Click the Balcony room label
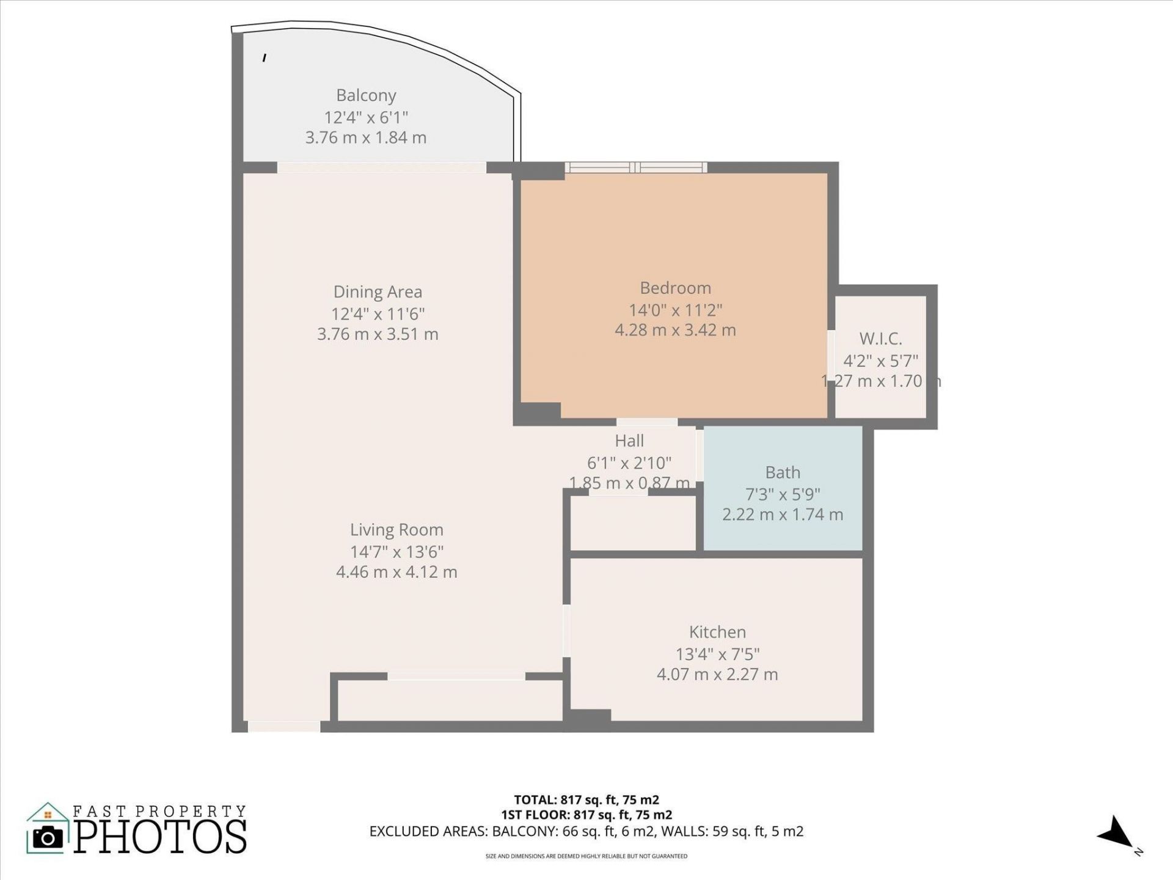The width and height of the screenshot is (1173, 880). (x=366, y=95)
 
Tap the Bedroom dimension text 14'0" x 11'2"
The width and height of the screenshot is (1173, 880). (x=675, y=310)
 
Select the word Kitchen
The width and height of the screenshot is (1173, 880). (x=717, y=632)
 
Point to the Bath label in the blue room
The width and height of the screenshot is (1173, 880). (x=782, y=472)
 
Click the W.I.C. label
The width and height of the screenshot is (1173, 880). (x=880, y=339)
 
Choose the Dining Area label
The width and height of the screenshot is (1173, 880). (x=378, y=292)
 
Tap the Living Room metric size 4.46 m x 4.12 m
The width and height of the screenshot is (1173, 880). (x=396, y=572)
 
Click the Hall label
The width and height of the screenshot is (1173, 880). (x=629, y=441)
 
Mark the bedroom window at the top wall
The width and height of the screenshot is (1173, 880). (x=635, y=167)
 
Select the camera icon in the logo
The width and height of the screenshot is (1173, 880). (x=48, y=837)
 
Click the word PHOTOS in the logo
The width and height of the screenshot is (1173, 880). (x=160, y=837)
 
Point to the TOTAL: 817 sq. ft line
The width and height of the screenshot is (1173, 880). (x=586, y=799)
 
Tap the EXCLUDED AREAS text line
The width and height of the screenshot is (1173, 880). (x=586, y=831)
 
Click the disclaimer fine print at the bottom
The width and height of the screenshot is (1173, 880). (x=586, y=856)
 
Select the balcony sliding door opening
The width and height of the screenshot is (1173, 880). (x=382, y=167)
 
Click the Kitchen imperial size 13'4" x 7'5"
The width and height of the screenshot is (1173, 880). (x=717, y=654)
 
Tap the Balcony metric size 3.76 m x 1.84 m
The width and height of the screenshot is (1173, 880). (x=366, y=137)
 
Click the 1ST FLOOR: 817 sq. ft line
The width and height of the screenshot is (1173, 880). (x=586, y=815)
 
